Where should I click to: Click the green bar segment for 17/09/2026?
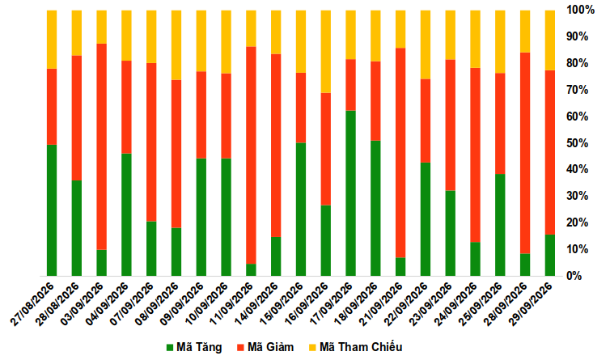(x=350, y=193)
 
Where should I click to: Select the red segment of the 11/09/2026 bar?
(x=251, y=155)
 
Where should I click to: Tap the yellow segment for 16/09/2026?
(x=325, y=52)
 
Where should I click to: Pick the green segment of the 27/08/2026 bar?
(x=52, y=210)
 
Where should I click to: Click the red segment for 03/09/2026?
(x=102, y=146)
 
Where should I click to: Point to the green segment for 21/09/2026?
(x=400, y=267)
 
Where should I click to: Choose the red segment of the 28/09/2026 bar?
(x=525, y=153)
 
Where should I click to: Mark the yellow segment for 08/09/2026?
(x=176, y=45)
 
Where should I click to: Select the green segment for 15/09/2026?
(x=301, y=210)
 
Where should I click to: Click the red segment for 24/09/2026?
(x=475, y=155)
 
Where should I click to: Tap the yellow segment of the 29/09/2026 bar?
(x=549, y=40)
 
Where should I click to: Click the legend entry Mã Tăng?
(x=194, y=347)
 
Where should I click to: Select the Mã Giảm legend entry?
(x=265, y=347)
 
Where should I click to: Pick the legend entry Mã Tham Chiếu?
(x=356, y=347)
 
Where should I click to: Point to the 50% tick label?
(x=578, y=143)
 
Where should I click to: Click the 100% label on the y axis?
(x=580, y=11)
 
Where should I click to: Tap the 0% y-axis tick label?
(x=574, y=276)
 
